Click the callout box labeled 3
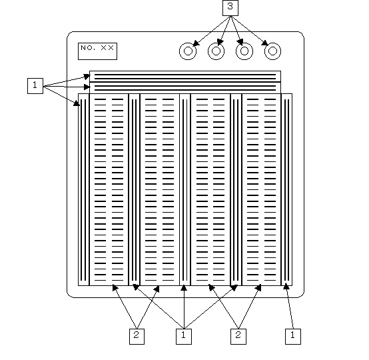pyautogui.click(x=230, y=8)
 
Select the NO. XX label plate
pyautogui.click(x=97, y=51)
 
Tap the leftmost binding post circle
pyautogui.click(x=188, y=51)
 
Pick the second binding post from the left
pyautogui.click(x=216, y=51)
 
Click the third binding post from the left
pyautogui.click(x=244, y=51)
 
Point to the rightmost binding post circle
pyautogui.click(x=272, y=51)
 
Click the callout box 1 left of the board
pyautogui.click(x=35, y=86)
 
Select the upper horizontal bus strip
pyautogui.click(x=185, y=77)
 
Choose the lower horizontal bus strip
pyautogui.click(x=185, y=87)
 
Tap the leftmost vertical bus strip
pyautogui.click(x=83, y=189)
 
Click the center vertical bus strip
pyautogui.click(x=184, y=189)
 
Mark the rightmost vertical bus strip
pyautogui.click(x=286, y=189)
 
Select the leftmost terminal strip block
pyautogui.click(x=109, y=189)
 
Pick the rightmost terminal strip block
pyautogui.click(x=262, y=189)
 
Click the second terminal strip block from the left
pyautogui.click(x=160, y=189)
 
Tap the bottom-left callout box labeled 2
pyautogui.click(x=137, y=337)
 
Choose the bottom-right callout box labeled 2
pyautogui.click(x=238, y=337)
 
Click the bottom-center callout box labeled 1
pyautogui.click(x=184, y=337)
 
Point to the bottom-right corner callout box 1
pyautogui.click(x=293, y=337)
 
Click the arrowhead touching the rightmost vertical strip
pyautogui.click(x=286, y=286)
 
